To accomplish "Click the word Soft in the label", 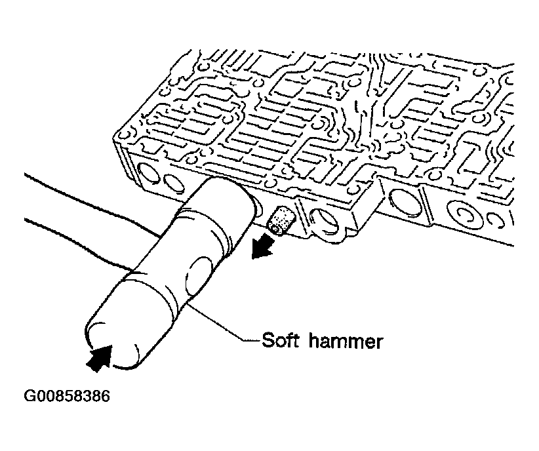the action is pos(280,341).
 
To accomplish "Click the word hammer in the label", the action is pos(346,341).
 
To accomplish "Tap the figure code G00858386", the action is pos(67,396).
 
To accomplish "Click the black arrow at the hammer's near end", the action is pos(100,358).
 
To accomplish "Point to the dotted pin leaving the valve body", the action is pos(281,221).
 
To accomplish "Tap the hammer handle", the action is pos(93,220).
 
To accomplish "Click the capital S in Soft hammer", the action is pos(268,341).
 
